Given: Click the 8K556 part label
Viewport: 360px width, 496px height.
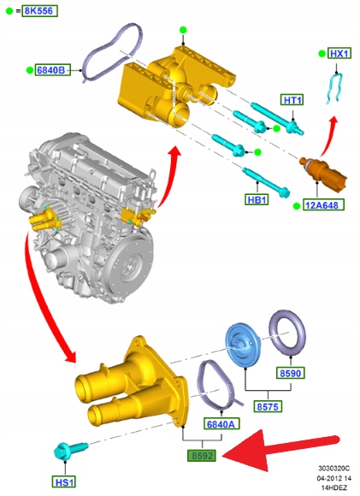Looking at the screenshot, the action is click(x=39, y=11).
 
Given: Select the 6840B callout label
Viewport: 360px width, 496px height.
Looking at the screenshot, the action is click(x=53, y=70).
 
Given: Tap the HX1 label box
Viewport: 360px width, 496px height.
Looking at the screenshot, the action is click(x=339, y=54).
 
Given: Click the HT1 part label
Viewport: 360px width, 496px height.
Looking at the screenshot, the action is click(x=292, y=100).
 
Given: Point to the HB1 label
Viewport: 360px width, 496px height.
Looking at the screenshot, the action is click(x=257, y=199).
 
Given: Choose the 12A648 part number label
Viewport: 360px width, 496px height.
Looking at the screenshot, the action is click(x=322, y=205).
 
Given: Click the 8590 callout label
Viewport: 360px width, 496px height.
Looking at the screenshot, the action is click(x=291, y=373).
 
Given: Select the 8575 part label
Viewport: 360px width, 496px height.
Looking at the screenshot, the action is click(x=268, y=406).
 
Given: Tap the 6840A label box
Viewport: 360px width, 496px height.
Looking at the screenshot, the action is click(x=221, y=423).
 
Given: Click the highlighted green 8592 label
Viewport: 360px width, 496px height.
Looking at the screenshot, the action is click(x=202, y=456).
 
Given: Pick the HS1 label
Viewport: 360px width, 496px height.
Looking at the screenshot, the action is click(x=64, y=481).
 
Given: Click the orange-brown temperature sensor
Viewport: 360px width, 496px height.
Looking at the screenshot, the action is click(x=323, y=171).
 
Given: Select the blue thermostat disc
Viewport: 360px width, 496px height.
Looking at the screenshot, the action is click(x=243, y=345).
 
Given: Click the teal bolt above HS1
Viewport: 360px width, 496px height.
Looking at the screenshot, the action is click(x=71, y=450).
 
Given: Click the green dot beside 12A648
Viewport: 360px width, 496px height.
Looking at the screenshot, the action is click(x=297, y=206).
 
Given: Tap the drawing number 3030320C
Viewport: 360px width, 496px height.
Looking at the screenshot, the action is click(x=333, y=468).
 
